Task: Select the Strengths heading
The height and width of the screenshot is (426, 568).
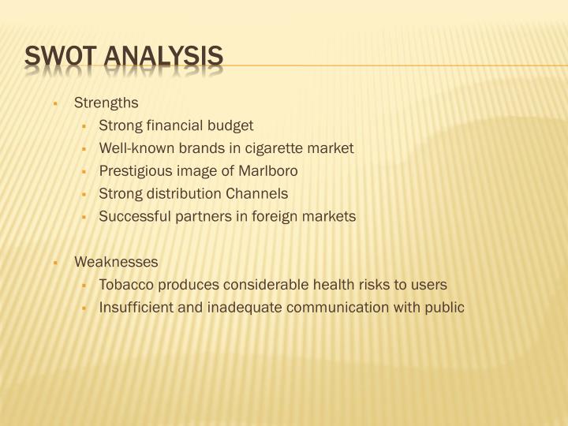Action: point(106,103)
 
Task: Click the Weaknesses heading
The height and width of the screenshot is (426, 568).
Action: point(116,262)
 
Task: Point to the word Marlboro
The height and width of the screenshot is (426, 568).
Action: point(271,170)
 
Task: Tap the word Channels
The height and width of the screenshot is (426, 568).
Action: point(257,193)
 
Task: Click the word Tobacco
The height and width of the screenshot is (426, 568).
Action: point(123,285)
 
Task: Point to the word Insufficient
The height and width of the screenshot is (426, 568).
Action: point(132,308)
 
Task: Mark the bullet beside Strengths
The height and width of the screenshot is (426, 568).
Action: point(57,103)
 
